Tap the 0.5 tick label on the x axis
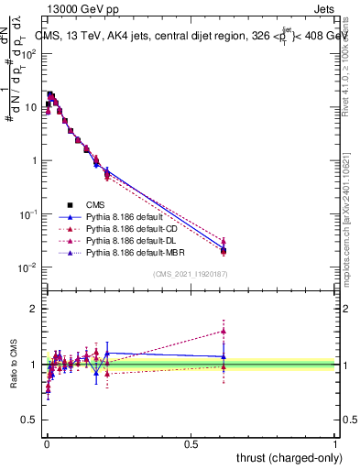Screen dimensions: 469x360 191,442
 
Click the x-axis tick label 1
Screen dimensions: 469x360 335,442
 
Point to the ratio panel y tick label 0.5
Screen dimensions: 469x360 29,420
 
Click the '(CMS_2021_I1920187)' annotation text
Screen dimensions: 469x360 190,273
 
